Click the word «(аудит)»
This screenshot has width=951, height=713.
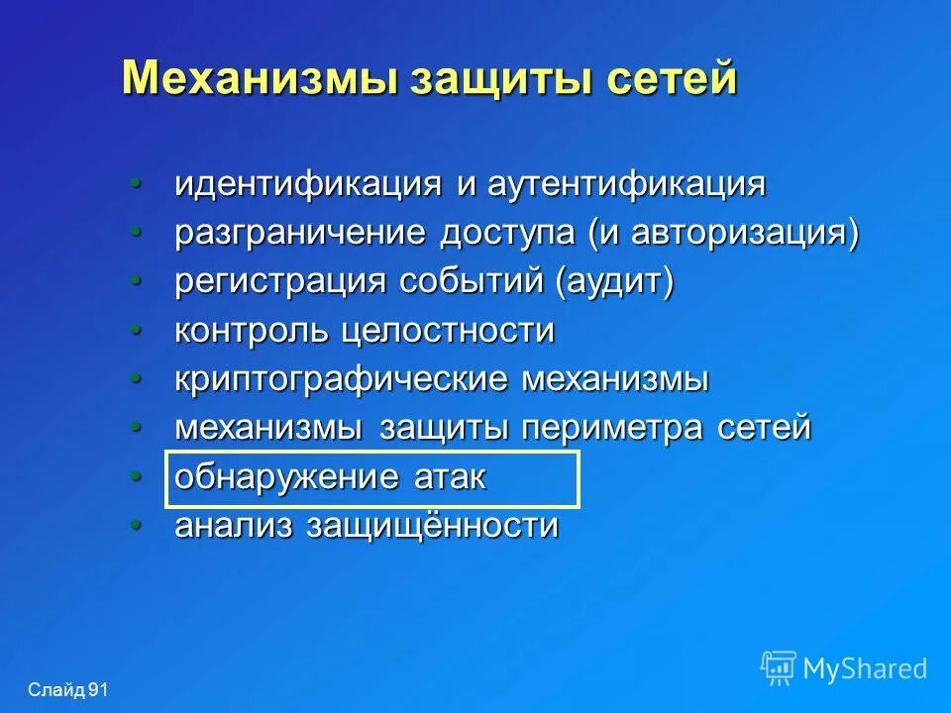tap(614, 282)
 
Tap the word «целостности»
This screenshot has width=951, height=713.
tap(448, 331)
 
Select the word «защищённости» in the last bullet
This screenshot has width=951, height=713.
tap(432, 526)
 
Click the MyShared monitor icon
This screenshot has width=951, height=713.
tap(779, 667)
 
